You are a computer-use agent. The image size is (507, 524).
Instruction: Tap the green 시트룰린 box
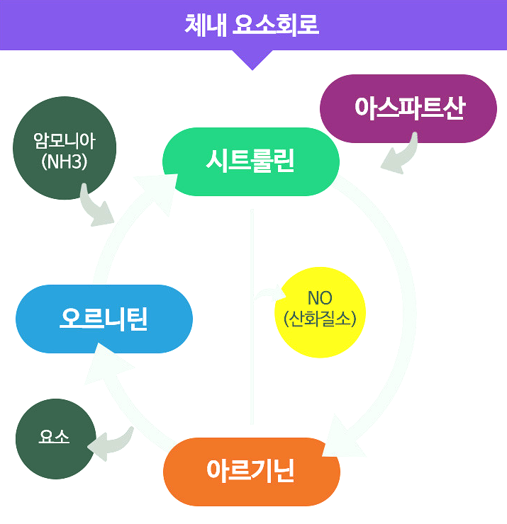(250, 162)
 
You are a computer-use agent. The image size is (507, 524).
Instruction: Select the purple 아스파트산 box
(409, 108)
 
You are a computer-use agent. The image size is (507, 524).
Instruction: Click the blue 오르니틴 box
(104, 319)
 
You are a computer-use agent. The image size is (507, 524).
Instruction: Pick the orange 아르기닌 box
(251, 471)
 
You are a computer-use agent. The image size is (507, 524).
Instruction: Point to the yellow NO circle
(320, 312)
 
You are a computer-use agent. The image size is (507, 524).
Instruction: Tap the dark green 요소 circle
(55, 438)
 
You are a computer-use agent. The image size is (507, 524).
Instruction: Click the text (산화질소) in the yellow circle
(320, 319)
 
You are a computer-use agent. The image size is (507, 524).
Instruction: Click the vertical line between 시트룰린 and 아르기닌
(252, 319)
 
